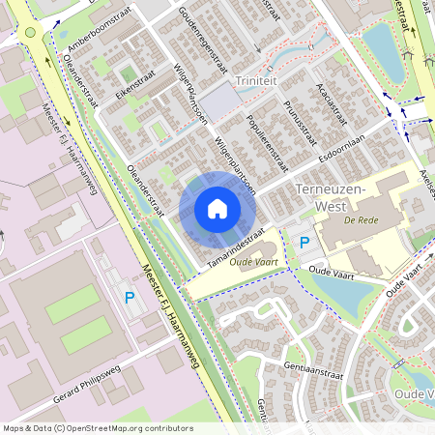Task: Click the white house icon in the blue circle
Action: tap(217, 208)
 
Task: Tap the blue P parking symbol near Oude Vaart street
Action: tap(304, 243)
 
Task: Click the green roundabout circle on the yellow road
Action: tap(32, 32)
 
